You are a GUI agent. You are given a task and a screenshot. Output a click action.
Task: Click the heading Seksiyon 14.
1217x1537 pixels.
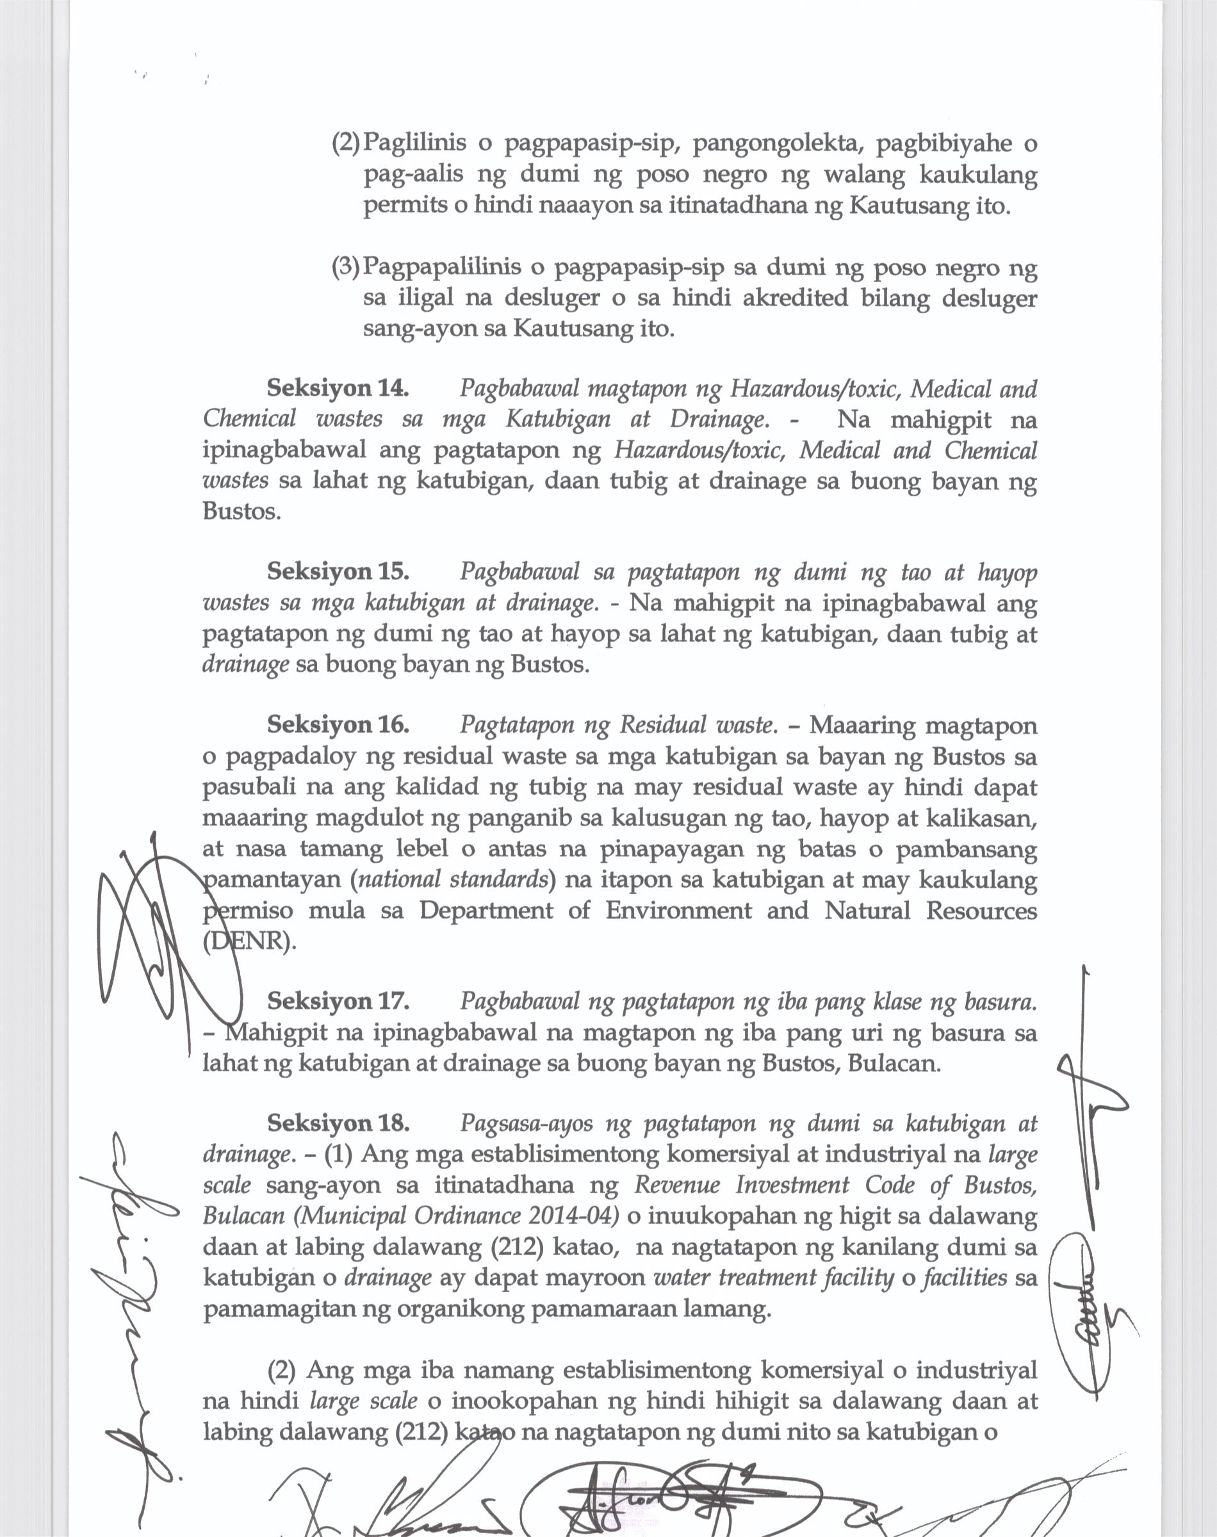(x=338, y=388)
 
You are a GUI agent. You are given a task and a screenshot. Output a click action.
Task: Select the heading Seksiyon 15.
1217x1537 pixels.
(x=338, y=571)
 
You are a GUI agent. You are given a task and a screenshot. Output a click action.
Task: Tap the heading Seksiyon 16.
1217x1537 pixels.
(x=338, y=724)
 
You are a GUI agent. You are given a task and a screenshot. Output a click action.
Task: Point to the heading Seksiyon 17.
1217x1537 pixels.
(x=338, y=1002)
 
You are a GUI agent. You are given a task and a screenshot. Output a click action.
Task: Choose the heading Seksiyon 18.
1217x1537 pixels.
(x=338, y=1123)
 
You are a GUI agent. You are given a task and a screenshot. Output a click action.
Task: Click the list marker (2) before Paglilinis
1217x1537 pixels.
(x=347, y=144)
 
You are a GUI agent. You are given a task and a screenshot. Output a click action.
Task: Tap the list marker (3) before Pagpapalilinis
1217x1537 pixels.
(x=347, y=268)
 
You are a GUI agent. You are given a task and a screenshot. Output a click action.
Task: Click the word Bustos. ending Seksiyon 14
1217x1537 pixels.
(x=241, y=512)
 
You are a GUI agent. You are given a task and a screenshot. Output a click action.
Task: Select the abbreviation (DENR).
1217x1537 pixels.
(x=249, y=941)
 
